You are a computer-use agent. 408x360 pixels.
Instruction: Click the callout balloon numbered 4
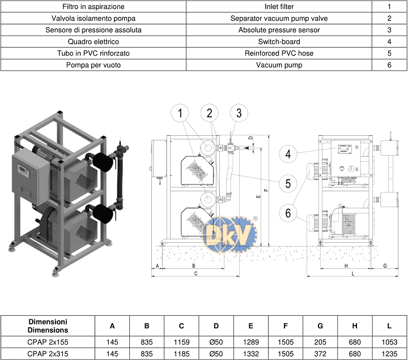[288, 154]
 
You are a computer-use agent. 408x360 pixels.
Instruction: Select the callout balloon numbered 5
[288, 183]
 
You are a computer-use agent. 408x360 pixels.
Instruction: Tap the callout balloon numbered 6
[288, 213]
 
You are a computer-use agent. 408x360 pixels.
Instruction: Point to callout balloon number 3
[239, 113]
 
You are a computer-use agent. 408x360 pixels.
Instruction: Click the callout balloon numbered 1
[180, 113]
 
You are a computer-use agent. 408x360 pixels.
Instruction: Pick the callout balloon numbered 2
[209, 113]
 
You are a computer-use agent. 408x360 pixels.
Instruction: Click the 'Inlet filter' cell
[279, 6]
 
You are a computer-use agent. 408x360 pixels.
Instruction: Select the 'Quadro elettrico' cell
[93, 41]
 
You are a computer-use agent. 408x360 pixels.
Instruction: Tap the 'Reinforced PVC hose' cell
[279, 53]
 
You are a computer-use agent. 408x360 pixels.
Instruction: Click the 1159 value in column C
[181, 342]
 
